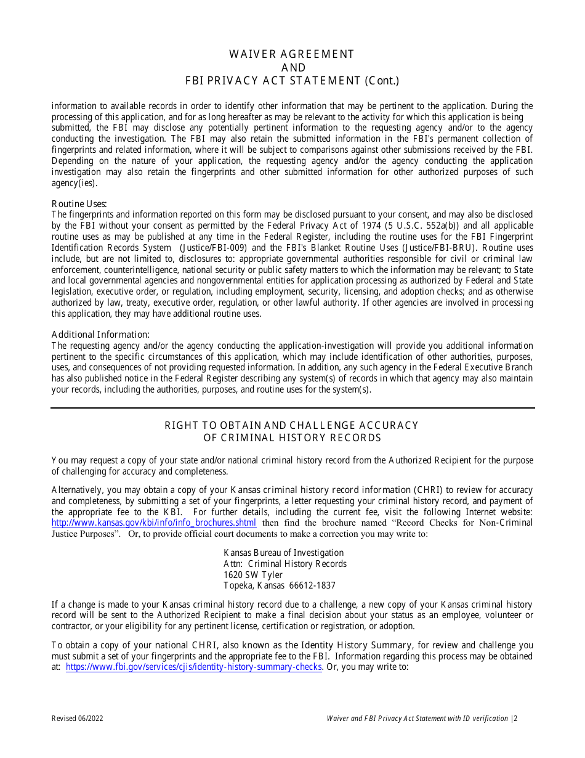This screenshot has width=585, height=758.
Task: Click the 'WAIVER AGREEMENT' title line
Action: [292, 54]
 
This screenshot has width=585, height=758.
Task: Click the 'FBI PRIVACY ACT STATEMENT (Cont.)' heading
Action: [292, 80]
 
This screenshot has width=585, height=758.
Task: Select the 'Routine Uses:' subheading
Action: [79, 204]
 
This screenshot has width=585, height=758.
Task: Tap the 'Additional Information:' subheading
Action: [101, 335]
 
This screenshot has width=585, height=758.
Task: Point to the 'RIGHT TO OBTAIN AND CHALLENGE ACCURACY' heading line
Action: [292, 425]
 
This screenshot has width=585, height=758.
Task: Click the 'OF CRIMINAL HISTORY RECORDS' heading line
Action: [292, 438]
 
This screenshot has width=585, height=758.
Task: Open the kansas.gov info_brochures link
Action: [154, 523]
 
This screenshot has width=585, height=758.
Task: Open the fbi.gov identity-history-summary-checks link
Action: [193, 667]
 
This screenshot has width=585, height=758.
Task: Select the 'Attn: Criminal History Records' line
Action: [284, 564]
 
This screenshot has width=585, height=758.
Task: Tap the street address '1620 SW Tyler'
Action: [252, 575]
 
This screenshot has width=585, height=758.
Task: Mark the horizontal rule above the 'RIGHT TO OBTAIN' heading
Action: [292, 408]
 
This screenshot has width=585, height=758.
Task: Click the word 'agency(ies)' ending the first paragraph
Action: [74, 183]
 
